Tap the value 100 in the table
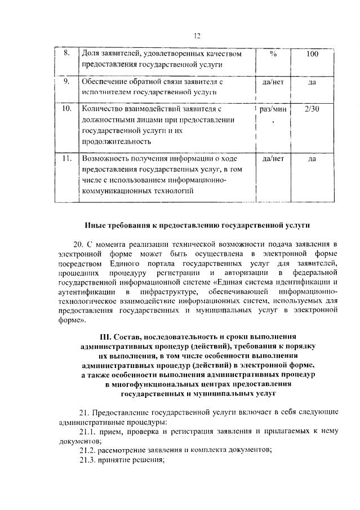coord(312,54)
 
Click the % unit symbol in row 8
coord(273,54)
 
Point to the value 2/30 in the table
coord(312,109)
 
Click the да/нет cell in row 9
coord(273,82)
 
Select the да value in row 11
coord(312,159)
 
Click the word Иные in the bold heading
coord(95,225)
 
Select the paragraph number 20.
coord(78,244)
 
